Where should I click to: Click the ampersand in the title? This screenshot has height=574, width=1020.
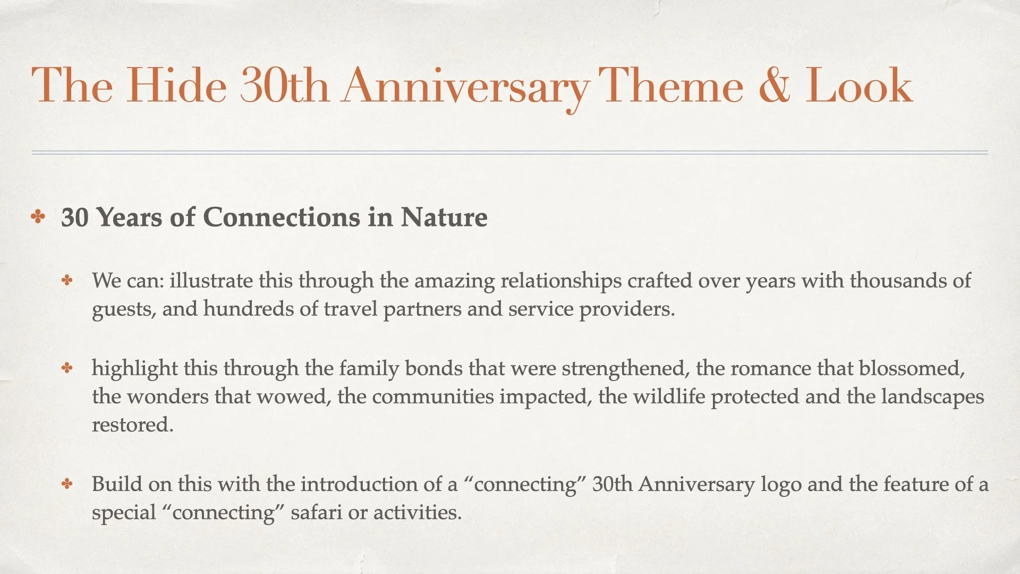click(x=775, y=86)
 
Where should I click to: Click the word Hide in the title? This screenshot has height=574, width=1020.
click(x=176, y=86)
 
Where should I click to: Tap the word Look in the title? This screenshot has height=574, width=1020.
click(x=858, y=86)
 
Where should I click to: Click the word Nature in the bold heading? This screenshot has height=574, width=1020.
click(x=444, y=217)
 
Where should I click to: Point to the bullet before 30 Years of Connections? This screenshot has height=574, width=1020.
click(x=38, y=217)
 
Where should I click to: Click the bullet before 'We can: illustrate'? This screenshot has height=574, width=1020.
click(x=67, y=280)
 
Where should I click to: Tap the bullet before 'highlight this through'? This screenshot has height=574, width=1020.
click(x=67, y=368)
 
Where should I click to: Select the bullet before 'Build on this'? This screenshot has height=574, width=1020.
click(x=67, y=484)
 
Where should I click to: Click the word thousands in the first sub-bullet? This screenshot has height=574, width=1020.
click(x=899, y=280)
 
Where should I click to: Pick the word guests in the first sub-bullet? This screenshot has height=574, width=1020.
click(x=123, y=309)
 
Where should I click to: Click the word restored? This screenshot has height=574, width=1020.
click(x=132, y=425)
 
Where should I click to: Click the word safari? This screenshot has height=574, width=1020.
click(x=316, y=512)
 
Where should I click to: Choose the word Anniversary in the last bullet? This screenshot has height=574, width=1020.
click(x=696, y=485)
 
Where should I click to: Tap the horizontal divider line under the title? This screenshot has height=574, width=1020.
click(x=510, y=153)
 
